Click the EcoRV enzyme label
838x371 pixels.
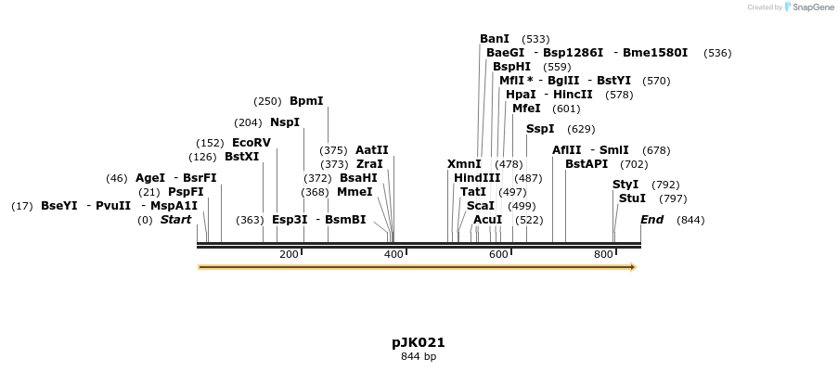(251, 143)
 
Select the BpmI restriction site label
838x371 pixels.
(306, 101)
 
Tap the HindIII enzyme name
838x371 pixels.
(477, 178)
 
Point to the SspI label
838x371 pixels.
(540, 129)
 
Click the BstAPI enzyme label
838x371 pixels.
(587, 164)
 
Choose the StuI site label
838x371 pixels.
(632, 198)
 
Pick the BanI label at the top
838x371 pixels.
(495, 39)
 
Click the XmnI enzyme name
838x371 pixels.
(464, 164)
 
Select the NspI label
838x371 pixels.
(285, 122)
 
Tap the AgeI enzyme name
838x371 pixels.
(150, 178)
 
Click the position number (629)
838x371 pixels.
(581, 129)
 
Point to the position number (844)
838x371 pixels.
(690, 220)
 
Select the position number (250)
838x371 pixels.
(267, 101)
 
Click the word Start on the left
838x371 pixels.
(175, 220)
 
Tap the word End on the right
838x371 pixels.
(652, 220)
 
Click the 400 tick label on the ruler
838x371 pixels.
(393, 254)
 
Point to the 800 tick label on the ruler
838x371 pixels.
(603, 254)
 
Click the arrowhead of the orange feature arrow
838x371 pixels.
(633, 267)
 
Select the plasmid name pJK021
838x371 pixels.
(418, 342)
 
